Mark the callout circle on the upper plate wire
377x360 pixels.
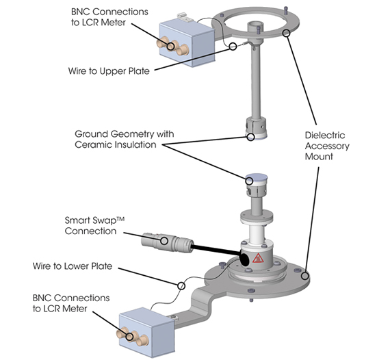pos(235,46)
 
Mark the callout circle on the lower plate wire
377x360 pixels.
pos(181,284)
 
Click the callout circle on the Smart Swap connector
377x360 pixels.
pos(164,240)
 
